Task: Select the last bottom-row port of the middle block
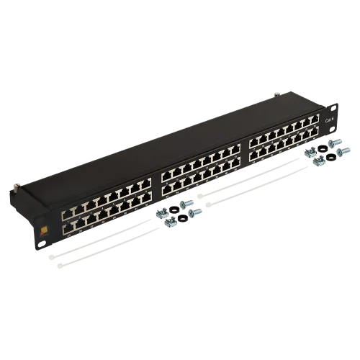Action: tap(235, 163)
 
